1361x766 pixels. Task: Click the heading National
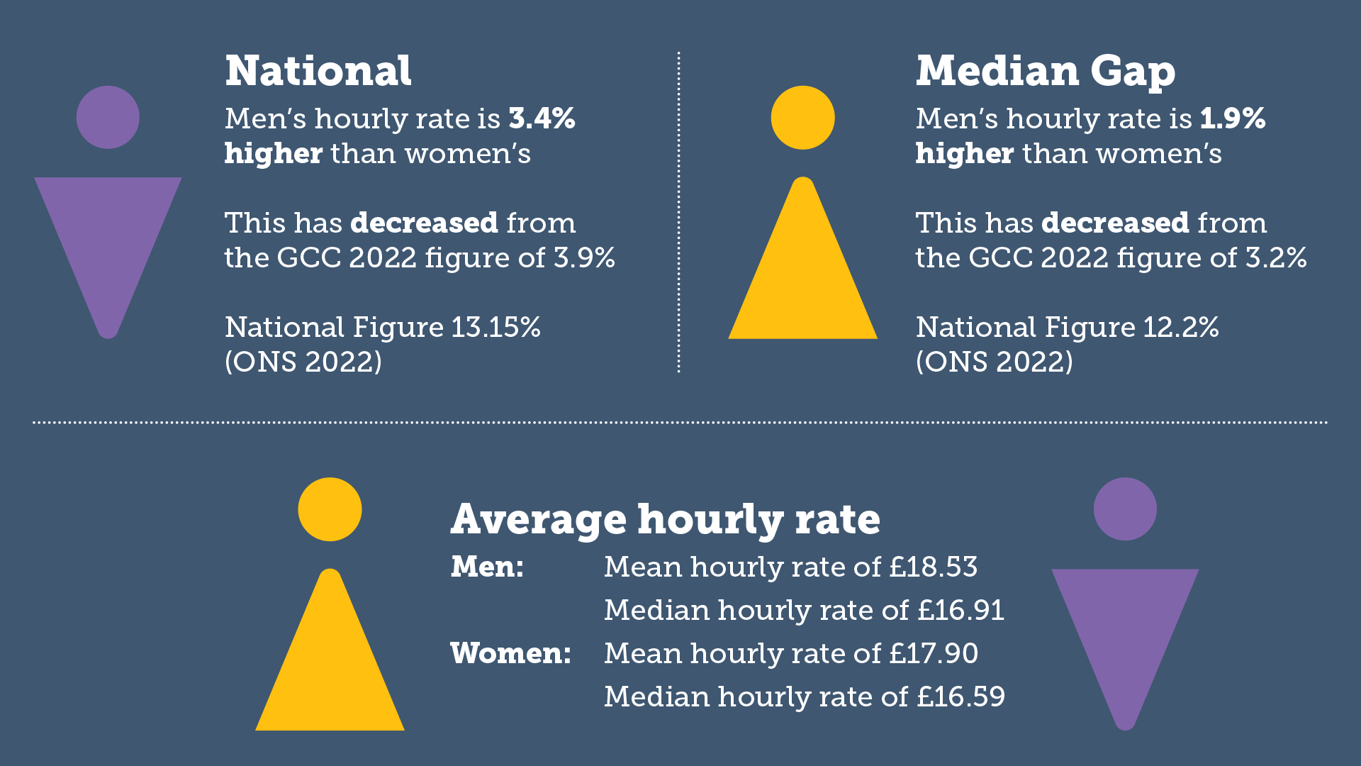[318, 72]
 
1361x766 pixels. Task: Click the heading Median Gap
[1045, 72]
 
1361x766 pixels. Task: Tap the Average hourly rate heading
[665, 519]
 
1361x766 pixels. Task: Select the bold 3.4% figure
[542, 118]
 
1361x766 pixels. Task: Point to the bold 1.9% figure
[1233, 118]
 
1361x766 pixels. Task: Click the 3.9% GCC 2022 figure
[584, 258]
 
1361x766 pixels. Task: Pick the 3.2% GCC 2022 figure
[1276, 258]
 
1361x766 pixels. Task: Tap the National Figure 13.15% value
[495, 328]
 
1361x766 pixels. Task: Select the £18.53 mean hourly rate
[934, 567]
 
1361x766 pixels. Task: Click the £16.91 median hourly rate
[960, 611]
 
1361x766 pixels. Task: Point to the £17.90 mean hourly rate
[934, 654]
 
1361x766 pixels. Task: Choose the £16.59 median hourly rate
[960, 697]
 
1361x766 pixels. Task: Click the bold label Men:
[487, 567]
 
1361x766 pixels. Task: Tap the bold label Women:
[510, 654]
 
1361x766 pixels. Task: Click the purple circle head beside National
[108, 118]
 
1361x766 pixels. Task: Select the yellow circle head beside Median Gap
[802, 118]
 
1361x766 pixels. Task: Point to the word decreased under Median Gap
[1115, 223]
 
